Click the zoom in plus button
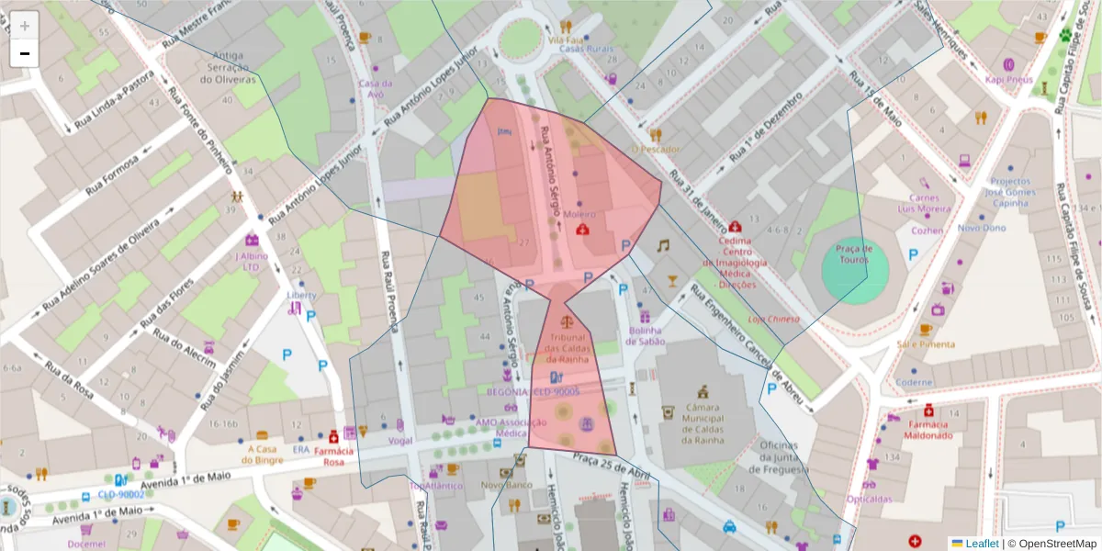[x=25, y=26]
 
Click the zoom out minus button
[x=25, y=53]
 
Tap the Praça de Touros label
[x=854, y=254]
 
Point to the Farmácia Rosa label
[x=333, y=456]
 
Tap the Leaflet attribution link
[x=982, y=544]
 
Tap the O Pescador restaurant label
[x=656, y=149]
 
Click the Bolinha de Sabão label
[x=646, y=335]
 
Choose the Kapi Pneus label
[x=1008, y=79]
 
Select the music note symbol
[x=662, y=245]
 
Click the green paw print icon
[x=1065, y=36]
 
